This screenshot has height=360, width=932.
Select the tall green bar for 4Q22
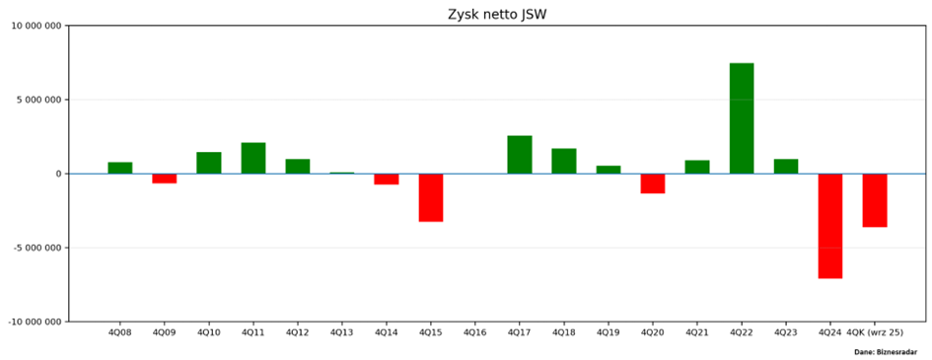tap(742, 118)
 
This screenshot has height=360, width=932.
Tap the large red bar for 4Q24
tap(830, 226)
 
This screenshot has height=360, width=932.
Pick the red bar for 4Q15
tap(431, 197)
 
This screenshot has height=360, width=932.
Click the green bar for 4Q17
tap(520, 155)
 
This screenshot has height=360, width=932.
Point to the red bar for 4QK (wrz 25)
tap(875, 200)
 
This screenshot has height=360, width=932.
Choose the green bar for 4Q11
tap(253, 158)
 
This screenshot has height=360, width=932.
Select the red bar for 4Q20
tap(653, 183)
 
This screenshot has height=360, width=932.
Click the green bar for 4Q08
tap(120, 168)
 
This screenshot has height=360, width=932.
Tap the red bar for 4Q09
tap(165, 179)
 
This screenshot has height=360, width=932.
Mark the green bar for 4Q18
tap(564, 161)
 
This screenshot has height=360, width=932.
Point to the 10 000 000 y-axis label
tap(36, 26)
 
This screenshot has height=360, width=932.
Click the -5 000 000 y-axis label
tap(37, 248)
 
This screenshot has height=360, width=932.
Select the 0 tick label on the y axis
tap(59, 174)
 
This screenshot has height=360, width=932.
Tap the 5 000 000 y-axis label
tap(39, 100)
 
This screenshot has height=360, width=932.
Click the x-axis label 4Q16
tap(475, 332)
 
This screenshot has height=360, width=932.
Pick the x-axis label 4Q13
tap(342, 332)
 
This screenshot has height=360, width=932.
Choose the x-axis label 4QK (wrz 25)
tap(875, 332)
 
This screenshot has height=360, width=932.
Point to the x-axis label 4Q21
tap(697, 332)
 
